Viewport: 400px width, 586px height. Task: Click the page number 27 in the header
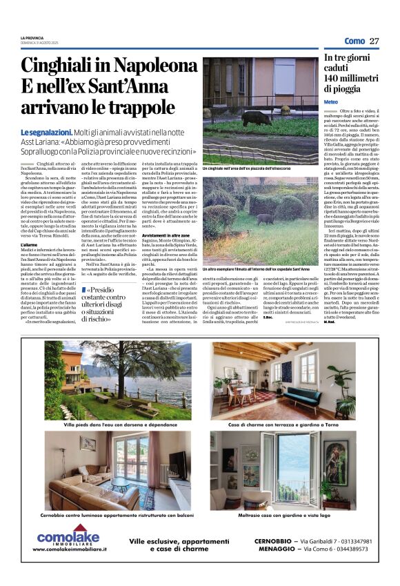tap(374, 41)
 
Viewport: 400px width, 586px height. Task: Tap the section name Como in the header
tap(354, 41)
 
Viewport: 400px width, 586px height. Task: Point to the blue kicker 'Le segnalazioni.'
tap(46, 132)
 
